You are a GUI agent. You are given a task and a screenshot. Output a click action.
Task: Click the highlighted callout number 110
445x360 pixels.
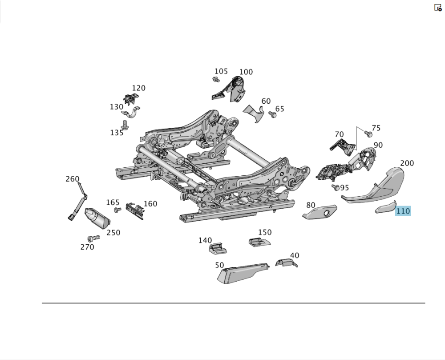pos(403,211)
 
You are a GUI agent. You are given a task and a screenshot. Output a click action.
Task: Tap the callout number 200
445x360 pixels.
pos(407,163)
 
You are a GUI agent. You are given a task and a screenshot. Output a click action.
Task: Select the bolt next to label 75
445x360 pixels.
pos(368,133)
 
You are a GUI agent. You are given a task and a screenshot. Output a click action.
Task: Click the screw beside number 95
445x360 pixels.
pos(336,187)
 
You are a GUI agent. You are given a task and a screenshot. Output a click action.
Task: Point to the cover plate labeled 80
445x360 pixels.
pos(320,212)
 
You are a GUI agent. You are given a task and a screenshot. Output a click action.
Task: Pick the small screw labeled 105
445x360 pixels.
pos(216,80)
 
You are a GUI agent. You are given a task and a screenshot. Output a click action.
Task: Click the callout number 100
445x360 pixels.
pos(246,72)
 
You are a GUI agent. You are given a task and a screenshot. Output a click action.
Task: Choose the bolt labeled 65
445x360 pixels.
pos(272,114)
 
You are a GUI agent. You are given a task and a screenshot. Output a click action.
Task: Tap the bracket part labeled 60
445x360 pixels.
pos(254,113)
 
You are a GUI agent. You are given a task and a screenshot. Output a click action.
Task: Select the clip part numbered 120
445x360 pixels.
pos(131,98)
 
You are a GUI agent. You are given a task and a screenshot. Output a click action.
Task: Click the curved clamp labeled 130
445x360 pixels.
pos(131,113)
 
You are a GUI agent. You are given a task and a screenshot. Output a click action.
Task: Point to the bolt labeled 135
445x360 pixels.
pos(125,125)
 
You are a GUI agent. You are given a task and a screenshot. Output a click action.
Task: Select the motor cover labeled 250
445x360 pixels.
pos(97,218)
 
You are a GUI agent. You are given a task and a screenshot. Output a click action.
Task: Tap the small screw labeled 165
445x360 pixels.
pos(117,210)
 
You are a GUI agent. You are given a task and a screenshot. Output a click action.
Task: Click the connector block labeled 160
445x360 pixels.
pos(135,210)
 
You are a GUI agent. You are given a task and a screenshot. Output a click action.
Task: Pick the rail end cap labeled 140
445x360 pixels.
pos(218,248)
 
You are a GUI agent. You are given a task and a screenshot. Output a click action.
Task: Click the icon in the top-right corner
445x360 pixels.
pos(438,8)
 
